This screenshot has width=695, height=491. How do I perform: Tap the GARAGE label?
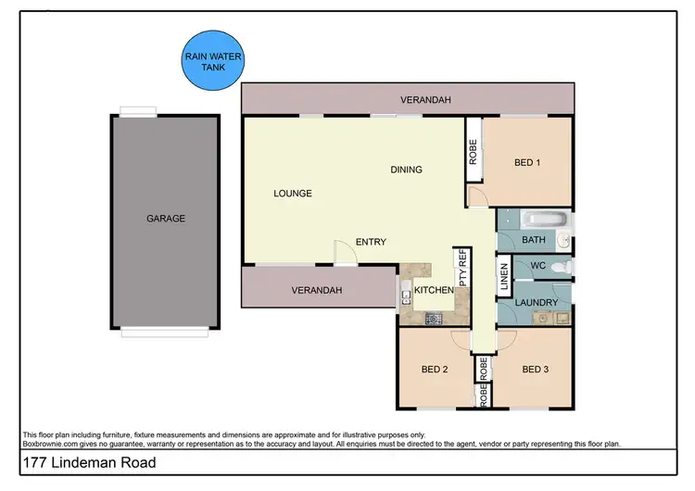point(166,220)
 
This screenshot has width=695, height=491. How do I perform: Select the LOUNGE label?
point(292,194)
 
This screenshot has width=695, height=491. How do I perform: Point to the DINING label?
point(406,170)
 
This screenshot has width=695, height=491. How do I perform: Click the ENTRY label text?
point(371,243)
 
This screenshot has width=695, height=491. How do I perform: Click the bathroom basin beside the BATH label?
point(563,242)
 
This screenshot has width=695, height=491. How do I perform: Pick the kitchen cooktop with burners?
point(433,318)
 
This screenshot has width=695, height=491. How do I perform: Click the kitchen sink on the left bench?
point(406,296)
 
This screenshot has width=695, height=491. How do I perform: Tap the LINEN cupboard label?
point(505,278)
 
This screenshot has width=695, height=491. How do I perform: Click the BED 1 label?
point(527,164)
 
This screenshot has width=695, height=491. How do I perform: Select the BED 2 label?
point(435,370)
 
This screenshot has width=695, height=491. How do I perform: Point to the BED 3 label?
point(536,370)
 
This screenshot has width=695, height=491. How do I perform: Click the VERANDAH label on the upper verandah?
point(425,99)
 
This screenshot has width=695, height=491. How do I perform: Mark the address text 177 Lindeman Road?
point(84,462)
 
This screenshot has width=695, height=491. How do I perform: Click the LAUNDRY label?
point(537,303)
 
